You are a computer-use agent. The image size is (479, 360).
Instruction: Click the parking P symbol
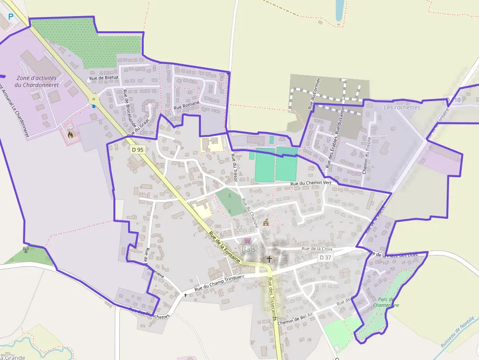pyautogui.click(x=11, y=17)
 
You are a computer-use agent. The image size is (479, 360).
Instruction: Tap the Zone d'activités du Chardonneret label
pyautogui.click(x=37, y=81)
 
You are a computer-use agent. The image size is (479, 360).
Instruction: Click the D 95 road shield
pyautogui.click(x=137, y=150)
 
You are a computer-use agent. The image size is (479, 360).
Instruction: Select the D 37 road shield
pyautogui.click(x=325, y=257)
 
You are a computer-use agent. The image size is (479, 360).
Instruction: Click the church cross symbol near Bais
pyautogui.click(x=269, y=258)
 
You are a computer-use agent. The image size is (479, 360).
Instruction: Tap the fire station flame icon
pyautogui.click(x=70, y=134)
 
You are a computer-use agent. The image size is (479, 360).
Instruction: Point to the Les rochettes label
pyautogui.click(x=402, y=107)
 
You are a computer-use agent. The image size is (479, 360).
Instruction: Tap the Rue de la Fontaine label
pyautogui.click(x=224, y=248)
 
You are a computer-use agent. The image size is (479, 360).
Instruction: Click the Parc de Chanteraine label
pyautogui.click(x=388, y=302)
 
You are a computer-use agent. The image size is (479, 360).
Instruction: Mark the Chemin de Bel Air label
pyautogui.click(x=295, y=318)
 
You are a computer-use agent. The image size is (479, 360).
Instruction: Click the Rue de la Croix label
pyautogui.click(x=317, y=249)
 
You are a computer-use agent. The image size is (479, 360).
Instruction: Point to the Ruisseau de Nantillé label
pyautogui.click(x=457, y=333)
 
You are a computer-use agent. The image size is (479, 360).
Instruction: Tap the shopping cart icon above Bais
pyautogui.click(x=247, y=240)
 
